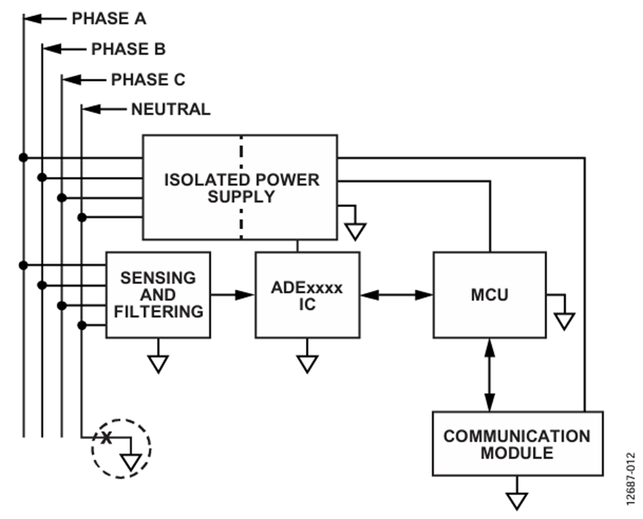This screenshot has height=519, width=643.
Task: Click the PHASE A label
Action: click(109, 19)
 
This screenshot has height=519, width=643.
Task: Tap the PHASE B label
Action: click(129, 49)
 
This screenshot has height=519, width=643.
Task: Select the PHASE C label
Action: click(148, 79)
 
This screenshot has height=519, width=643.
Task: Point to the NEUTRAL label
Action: click(171, 109)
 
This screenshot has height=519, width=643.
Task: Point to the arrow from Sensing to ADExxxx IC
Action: click(232, 295)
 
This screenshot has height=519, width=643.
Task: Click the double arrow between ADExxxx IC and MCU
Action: click(397, 295)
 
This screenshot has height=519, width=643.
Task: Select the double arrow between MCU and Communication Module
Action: click(489, 375)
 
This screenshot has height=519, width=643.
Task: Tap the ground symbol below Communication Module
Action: click(517, 501)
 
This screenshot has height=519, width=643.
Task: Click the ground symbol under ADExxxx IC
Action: click(307, 364)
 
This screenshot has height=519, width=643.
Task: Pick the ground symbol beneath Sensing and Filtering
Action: click(159, 364)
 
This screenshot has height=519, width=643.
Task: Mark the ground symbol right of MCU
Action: click(564, 321)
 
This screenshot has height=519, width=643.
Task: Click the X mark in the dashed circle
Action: click(106, 438)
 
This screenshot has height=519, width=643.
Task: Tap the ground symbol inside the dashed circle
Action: click(131, 462)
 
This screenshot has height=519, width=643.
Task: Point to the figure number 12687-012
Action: click(631, 479)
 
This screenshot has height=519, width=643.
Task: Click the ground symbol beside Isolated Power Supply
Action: click(355, 231)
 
